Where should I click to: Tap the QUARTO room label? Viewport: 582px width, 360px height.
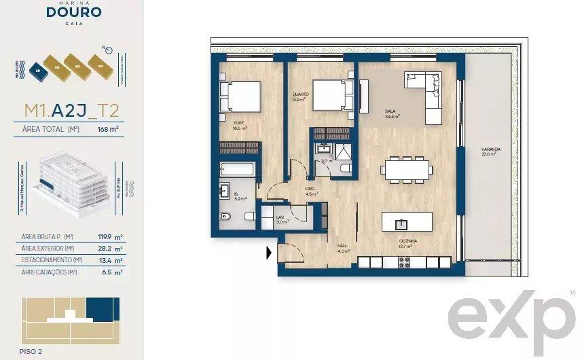point(299,96)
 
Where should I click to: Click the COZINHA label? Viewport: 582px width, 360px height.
point(407,242)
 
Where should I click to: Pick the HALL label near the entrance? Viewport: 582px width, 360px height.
point(344,247)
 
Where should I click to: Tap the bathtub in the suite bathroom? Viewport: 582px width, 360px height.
point(237,170)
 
